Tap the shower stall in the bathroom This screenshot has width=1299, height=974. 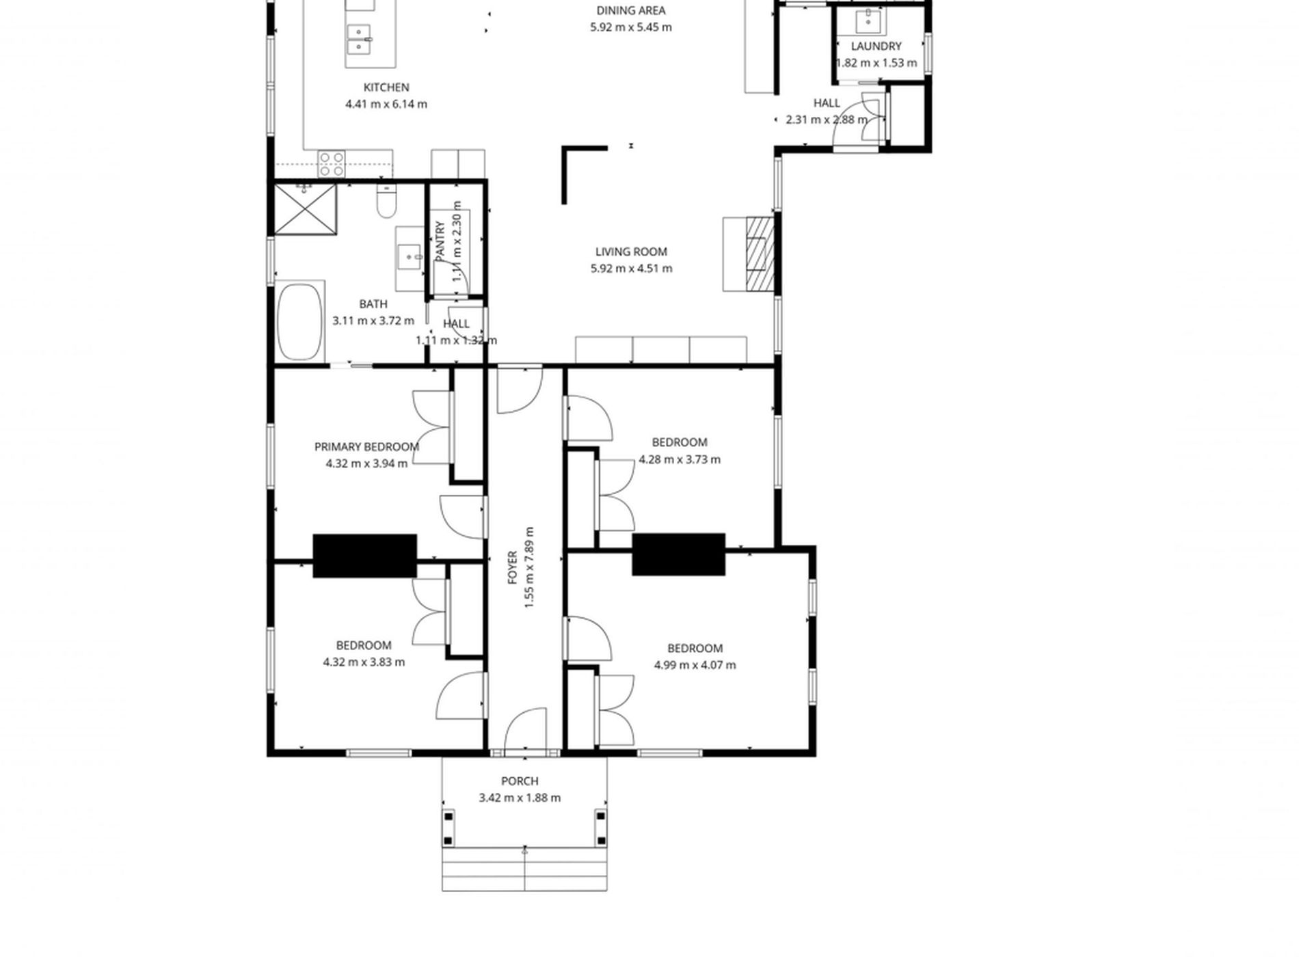(x=305, y=208)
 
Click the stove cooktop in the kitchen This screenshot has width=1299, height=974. (x=332, y=165)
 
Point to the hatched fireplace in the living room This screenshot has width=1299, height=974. (x=760, y=254)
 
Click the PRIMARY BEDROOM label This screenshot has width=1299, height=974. (x=366, y=447)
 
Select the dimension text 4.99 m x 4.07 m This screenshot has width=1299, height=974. (x=695, y=665)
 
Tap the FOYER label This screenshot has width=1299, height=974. (x=512, y=567)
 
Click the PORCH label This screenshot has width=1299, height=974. (x=520, y=781)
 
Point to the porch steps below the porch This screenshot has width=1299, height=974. (x=524, y=869)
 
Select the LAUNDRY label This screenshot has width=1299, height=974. (x=876, y=46)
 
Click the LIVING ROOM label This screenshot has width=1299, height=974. (x=631, y=252)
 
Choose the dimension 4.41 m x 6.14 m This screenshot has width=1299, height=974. (x=386, y=105)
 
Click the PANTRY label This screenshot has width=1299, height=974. (x=440, y=241)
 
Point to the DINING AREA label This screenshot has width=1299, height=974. (x=630, y=11)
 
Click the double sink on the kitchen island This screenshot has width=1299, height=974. (x=359, y=40)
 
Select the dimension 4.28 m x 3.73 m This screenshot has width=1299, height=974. (x=679, y=460)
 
